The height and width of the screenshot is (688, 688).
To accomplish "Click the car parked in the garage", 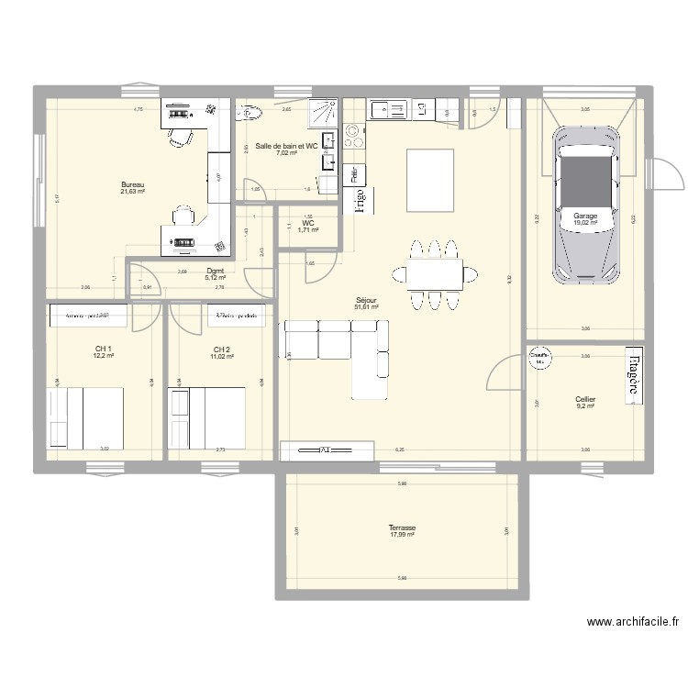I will click(x=585, y=205).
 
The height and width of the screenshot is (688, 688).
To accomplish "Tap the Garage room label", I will click(x=585, y=216).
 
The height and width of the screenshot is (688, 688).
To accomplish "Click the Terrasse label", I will click(x=402, y=528).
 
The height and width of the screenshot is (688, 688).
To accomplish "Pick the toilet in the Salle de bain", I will click(x=250, y=114).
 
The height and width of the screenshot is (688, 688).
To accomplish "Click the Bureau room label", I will click(x=133, y=184).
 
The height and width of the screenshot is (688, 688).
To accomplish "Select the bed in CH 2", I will click(x=207, y=418).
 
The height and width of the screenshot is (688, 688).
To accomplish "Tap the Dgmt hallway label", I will click(x=216, y=271).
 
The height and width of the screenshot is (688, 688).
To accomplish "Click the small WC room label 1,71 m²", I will click(x=308, y=229).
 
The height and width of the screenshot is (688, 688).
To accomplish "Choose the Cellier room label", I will click(x=585, y=400).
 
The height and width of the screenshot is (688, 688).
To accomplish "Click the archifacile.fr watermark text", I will click(x=632, y=622).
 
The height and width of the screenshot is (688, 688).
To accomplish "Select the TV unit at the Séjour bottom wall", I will click(x=327, y=449).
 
